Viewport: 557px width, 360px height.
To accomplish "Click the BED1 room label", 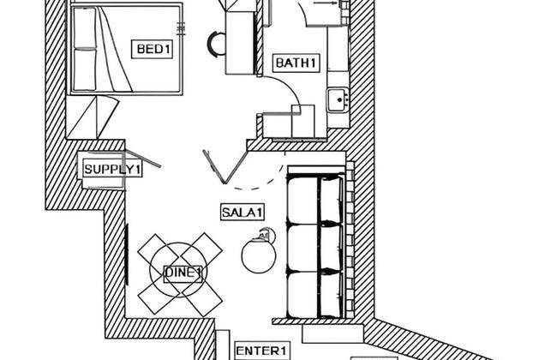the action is (152, 49).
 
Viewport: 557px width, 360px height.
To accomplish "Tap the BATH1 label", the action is (296, 63).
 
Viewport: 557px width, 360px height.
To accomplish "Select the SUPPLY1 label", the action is (112, 169).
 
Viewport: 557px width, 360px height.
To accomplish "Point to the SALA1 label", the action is (243, 213).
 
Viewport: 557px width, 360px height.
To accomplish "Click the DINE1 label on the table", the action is (183, 273).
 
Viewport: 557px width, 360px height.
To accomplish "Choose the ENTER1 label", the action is (261, 351).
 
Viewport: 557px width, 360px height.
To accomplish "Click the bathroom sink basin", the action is (338, 100).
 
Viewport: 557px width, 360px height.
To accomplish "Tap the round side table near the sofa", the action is (259, 256).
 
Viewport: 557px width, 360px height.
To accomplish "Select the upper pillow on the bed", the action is (85, 27).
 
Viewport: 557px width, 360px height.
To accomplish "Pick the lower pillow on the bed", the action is (85, 69).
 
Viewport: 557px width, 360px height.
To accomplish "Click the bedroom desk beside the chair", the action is (240, 42).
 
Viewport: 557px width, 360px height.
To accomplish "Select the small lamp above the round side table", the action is (267, 235).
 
